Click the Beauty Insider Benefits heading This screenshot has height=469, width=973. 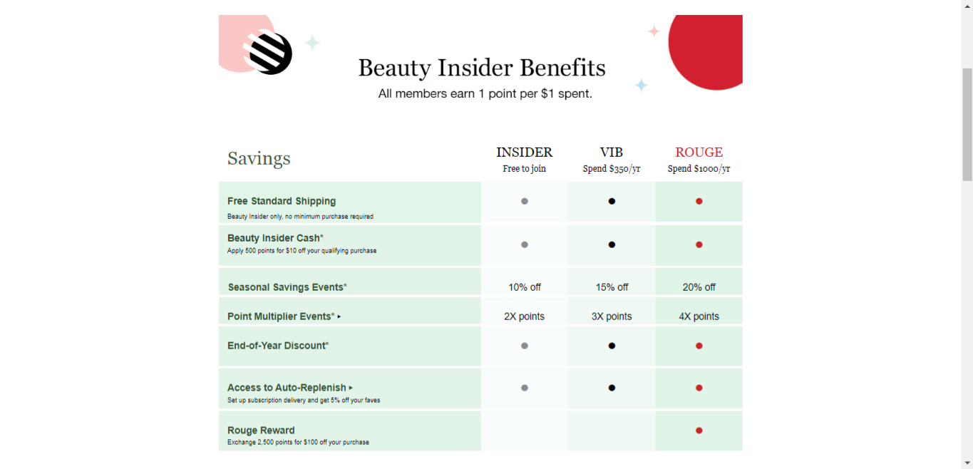[x=482, y=68]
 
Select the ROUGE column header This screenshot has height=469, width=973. [x=699, y=152]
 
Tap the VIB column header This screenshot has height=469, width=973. [x=611, y=152]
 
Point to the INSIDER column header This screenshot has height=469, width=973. [x=524, y=152]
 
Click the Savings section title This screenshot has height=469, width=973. [x=259, y=158]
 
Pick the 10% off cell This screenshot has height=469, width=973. [x=524, y=287]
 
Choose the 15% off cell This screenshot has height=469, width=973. [x=612, y=287]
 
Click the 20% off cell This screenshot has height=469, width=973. [x=699, y=287]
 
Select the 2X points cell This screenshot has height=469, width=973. [x=524, y=316]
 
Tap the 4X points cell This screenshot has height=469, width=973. [x=699, y=316]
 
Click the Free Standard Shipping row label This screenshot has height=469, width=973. [x=282, y=201]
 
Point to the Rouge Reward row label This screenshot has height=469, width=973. [x=261, y=431]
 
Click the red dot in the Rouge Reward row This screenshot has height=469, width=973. [x=699, y=431]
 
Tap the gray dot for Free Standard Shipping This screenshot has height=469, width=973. [x=525, y=201]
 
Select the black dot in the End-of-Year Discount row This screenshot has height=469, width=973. [x=612, y=346]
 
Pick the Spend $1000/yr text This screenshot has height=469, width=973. [x=699, y=169]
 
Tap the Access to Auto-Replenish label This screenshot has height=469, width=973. [x=287, y=388]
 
